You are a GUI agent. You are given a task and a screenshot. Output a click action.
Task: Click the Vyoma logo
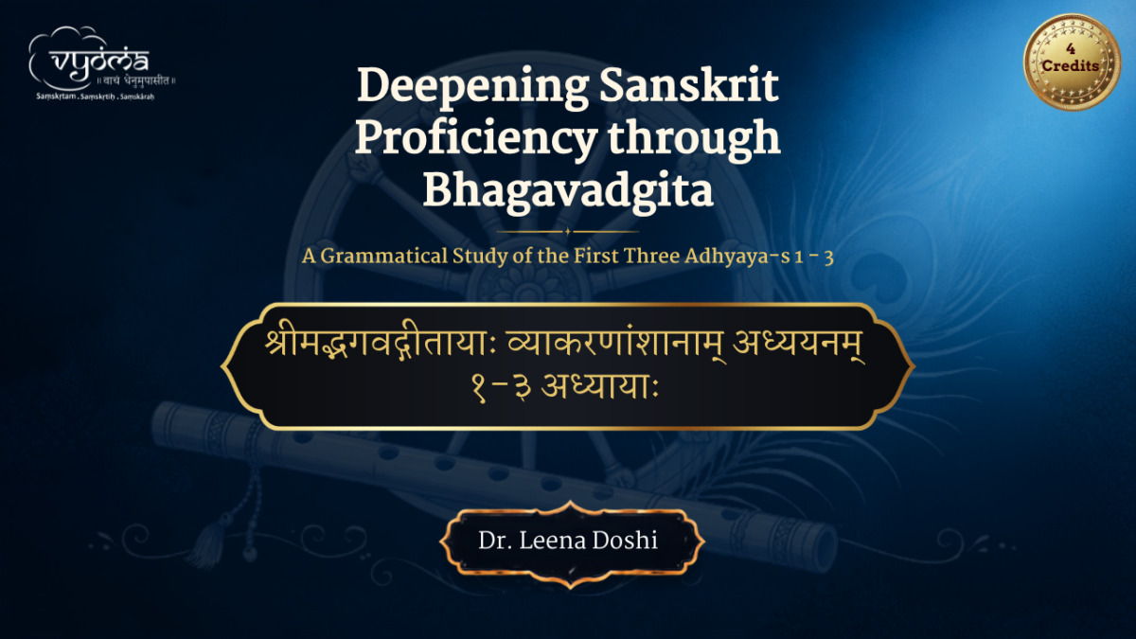pyautogui.click(x=101, y=62)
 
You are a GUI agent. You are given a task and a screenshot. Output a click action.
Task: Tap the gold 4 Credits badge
pyautogui.click(x=1072, y=62)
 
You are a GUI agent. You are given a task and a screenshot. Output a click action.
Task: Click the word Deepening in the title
pyautogui.click(x=472, y=87)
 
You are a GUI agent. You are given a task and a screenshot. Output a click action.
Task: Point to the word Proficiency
pyautogui.click(x=475, y=139)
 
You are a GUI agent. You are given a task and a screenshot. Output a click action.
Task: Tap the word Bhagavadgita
pyautogui.click(x=568, y=191)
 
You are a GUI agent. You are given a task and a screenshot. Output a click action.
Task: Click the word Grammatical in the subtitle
pyautogui.click(x=384, y=257)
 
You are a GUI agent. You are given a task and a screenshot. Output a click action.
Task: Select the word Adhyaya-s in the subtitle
pyautogui.click(x=737, y=257)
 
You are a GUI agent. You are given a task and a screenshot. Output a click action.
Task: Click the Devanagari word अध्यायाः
pyautogui.click(x=599, y=388)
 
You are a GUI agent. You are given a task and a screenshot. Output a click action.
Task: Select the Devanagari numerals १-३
pyautogui.click(x=501, y=389)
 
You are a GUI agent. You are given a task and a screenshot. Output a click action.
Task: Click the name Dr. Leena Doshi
pyautogui.click(x=568, y=541)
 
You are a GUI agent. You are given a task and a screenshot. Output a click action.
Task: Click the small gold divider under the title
pyautogui.click(x=567, y=232)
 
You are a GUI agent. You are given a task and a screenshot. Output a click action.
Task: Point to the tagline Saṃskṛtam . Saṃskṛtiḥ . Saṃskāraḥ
pyautogui.click(x=96, y=97)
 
